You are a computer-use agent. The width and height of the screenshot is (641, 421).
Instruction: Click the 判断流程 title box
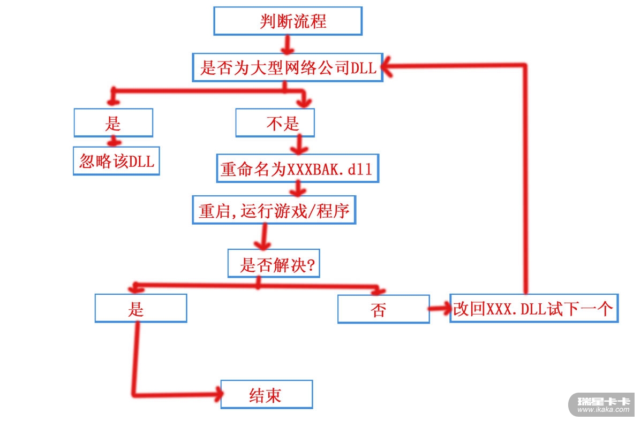(x=288, y=21)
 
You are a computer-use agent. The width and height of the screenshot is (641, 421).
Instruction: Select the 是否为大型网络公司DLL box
(x=288, y=67)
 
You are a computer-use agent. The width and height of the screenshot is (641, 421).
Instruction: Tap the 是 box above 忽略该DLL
(x=113, y=123)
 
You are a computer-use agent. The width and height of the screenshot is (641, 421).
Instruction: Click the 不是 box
(x=275, y=124)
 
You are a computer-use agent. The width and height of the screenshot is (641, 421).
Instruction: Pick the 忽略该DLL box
(x=117, y=161)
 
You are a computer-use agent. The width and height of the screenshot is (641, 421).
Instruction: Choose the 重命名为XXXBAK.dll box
(x=297, y=169)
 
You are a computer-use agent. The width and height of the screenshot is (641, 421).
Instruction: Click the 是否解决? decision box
(x=274, y=263)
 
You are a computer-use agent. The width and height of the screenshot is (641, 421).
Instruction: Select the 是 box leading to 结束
(x=140, y=309)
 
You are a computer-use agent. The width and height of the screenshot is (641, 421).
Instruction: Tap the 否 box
(x=383, y=309)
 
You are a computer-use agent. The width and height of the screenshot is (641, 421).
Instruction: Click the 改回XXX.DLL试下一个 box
(x=533, y=308)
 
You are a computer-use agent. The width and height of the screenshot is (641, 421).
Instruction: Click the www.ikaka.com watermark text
(x=604, y=410)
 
